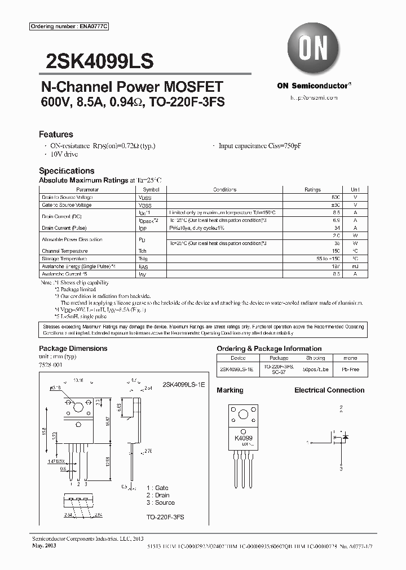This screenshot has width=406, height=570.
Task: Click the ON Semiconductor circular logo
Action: [314, 50]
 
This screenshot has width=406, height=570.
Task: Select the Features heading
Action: [56, 135]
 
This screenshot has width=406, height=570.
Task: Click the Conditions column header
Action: [224, 190]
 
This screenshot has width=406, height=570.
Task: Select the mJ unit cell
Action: [355, 266]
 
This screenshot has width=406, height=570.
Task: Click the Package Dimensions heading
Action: [73, 349]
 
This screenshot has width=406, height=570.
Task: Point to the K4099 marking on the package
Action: [244, 438]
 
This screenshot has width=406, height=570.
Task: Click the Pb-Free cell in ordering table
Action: [350, 369]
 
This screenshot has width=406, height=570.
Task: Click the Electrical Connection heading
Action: [329, 390]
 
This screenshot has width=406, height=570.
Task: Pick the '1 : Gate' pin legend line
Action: [157, 488]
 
